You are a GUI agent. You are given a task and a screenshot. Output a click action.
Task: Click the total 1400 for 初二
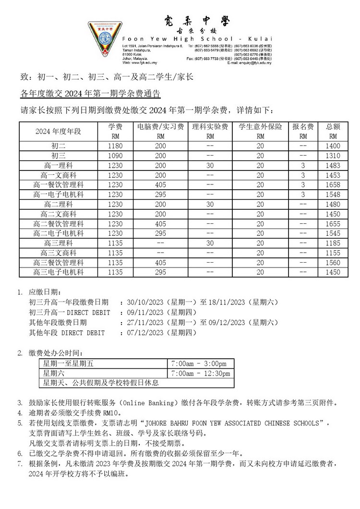333,145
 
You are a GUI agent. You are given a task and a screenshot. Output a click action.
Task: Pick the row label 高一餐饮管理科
59,185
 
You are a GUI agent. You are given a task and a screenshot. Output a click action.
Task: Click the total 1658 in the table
333,185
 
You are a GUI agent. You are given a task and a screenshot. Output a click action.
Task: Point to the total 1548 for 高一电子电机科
333,194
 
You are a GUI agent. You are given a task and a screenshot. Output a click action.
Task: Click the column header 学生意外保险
260,127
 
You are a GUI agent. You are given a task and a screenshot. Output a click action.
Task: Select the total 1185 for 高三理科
333,243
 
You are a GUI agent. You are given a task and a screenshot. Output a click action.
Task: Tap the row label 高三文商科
59,253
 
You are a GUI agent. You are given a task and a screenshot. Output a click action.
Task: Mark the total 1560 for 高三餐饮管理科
333,263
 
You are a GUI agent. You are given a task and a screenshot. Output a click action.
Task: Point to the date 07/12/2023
144,332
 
